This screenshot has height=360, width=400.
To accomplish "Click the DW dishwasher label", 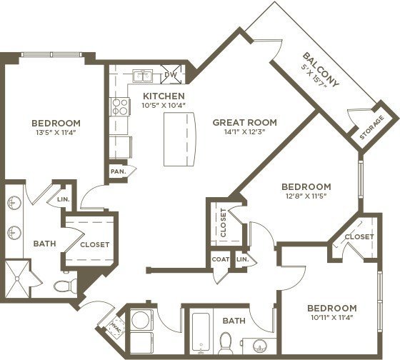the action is point(171,74).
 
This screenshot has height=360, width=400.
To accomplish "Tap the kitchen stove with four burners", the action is point(120,106).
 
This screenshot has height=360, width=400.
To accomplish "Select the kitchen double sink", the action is point(143,76).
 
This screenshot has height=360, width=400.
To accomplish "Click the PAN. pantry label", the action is point(118,171).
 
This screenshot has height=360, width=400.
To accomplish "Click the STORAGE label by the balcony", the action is point(372,127).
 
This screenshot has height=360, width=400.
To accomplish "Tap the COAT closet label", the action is point(221,259).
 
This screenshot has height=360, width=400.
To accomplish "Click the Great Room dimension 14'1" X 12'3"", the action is point(244,132).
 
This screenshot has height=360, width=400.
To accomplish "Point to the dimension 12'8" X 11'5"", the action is point(306,196).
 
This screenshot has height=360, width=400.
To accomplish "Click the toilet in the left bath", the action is point(65,285).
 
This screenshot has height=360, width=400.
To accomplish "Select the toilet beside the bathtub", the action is point(226,343).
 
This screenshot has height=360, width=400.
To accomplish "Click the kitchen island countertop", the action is point(180,139).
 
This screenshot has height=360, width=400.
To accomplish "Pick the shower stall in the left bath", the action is point(17,279).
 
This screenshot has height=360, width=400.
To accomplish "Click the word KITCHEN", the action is point(164,96).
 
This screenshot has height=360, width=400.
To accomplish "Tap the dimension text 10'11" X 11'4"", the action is point(332,318).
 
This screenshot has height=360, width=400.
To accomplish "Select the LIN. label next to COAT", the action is point(243,259).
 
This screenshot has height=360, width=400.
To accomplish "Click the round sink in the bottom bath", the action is point(260,346).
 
